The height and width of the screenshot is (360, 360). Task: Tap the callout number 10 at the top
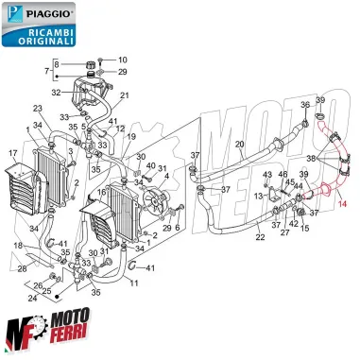point(122,60)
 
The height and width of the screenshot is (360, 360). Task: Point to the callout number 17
point(13,152)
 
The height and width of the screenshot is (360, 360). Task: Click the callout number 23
point(39,109)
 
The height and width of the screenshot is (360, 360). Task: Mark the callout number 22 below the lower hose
point(233,237)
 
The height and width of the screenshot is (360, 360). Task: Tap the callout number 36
point(305,104)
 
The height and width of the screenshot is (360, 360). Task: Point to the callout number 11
point(133,283)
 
